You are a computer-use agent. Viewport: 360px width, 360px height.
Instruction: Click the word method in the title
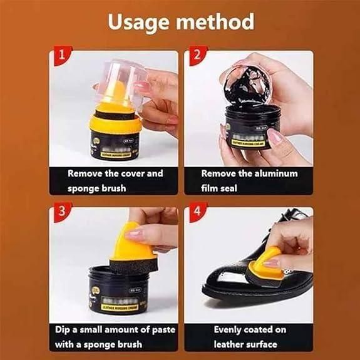(x=218, y=22)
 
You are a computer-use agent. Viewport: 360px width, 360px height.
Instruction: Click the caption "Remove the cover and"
(x=115, y=173)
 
